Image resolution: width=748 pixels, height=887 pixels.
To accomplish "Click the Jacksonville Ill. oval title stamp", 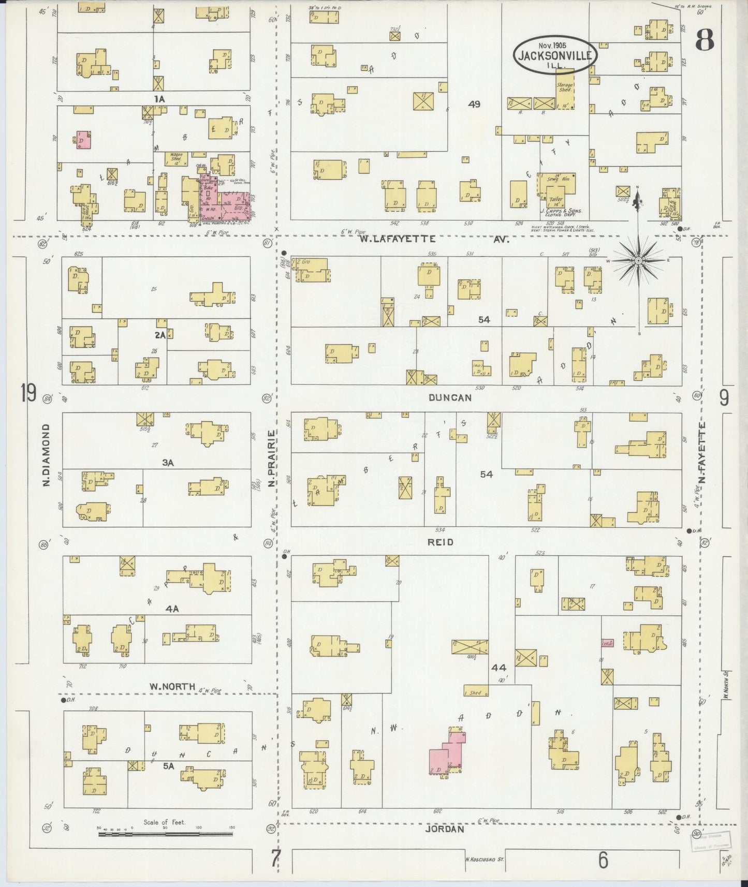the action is pos(555,54).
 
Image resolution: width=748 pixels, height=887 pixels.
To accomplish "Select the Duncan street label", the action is pos(450,397).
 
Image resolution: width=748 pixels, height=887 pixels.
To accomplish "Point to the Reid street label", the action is pos(441,542).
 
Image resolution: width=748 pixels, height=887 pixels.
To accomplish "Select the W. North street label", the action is pos(172,687).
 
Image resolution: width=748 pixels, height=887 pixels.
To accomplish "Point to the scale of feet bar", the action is pos(165,834).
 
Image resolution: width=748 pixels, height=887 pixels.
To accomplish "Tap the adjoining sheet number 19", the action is pos(28,394).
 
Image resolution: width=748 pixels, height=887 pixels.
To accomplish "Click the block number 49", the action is pos(474,105).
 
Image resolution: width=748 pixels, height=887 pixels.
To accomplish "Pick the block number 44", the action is pos(498,668).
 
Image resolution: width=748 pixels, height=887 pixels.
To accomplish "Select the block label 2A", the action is pos(160,335).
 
